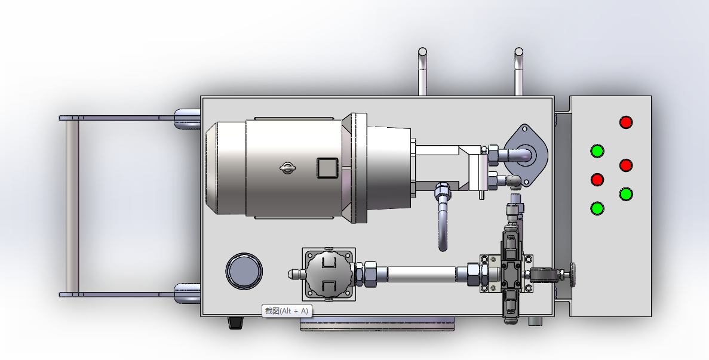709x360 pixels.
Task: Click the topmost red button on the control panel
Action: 626,122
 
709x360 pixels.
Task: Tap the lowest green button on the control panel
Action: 597,208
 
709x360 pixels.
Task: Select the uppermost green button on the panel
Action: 597,151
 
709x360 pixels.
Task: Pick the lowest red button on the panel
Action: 597,180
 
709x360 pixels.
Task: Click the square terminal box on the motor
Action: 327,168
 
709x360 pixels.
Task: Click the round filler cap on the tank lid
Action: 244,271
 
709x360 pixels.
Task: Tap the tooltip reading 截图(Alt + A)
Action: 287,311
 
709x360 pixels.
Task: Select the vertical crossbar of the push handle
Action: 72,207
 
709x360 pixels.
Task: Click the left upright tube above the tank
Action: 422,72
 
